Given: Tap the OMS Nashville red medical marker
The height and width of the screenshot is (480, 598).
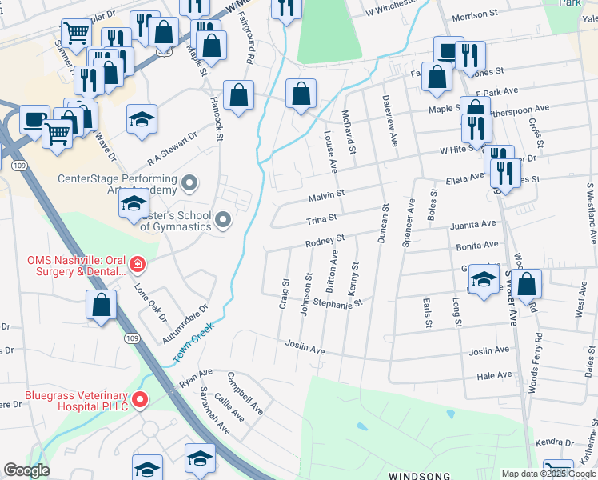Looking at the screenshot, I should point(138,263).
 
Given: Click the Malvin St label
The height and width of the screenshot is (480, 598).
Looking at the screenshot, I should point(326,194).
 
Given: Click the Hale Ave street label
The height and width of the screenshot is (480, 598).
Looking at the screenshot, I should point(493,374).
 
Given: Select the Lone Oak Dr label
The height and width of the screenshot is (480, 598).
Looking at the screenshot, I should point(151,302).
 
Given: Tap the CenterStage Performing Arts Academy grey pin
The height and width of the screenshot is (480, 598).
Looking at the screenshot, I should point(189,185).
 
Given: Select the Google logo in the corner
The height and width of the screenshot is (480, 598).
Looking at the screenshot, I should point(26,470).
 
